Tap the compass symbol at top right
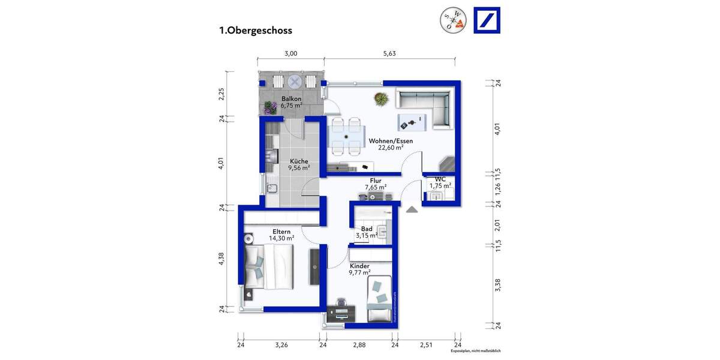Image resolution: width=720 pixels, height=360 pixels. (452, 20)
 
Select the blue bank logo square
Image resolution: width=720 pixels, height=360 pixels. (487, 20)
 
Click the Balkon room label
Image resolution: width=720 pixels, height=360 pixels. (291, 98)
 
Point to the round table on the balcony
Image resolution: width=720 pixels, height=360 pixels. (295, 81)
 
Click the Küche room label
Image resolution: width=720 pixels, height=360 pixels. (299, 161)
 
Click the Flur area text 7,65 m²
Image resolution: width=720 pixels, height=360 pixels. (376, 187)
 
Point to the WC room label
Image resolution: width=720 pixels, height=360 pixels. (439, 179)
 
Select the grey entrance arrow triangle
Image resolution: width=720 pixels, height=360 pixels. (412, 209)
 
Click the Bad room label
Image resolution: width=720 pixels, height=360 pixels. (366, 229)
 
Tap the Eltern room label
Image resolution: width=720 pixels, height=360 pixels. (281, 231)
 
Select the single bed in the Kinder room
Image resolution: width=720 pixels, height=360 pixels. (379, 300)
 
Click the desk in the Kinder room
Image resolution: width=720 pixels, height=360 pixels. (341, 313)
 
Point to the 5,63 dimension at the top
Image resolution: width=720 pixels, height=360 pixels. (389, 53)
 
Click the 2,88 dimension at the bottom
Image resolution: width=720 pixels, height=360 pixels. (359, 345)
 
